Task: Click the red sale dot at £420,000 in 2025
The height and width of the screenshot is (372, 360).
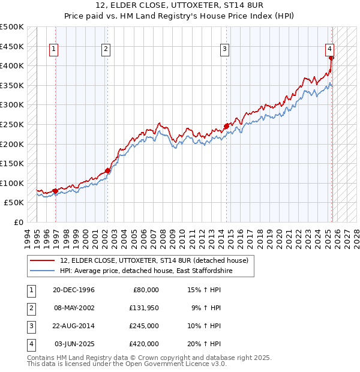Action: (331, 58)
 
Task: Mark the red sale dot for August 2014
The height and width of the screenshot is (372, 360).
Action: (226, 126)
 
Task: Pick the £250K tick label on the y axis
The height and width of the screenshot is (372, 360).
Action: (12, 124)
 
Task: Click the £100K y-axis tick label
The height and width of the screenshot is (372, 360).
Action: (12, 183)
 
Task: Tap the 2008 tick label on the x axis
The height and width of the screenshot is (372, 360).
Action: (164, 237)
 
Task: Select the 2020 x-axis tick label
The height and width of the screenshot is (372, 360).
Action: (280, 237)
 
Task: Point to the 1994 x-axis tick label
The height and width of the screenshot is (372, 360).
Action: (28, 237)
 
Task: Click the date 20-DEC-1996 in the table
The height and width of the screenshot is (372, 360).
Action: (74, 290)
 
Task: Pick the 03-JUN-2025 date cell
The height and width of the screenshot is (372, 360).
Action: (74, 344)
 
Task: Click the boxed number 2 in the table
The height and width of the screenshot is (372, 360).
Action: (31, 308)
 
